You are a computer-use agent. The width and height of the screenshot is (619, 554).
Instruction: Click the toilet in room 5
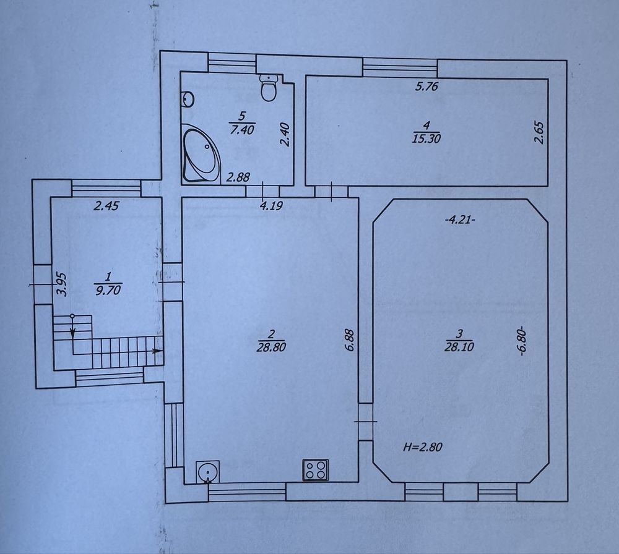[x=269, y=88]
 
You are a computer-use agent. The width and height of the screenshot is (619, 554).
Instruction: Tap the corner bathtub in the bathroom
[x=201, y=154]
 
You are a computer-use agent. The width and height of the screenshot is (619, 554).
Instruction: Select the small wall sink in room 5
[x=188, y=98]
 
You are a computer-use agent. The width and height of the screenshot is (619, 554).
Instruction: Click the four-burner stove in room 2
[x=316, y=470]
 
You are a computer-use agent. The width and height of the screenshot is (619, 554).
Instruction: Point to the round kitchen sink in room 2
[x=207, y=472]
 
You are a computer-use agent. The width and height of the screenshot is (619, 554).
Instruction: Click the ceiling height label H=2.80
[x=422, y=447]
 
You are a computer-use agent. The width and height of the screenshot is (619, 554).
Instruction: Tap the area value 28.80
[x=271, y=347]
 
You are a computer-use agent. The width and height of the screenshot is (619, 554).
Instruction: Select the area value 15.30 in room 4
[x=426, y=138]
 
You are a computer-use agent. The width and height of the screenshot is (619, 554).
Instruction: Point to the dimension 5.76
[x=426, y=86]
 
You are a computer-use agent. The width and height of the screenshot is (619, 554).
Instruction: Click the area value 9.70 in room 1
[x=108, y=290]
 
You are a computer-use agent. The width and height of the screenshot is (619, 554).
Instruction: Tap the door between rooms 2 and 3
[x=366, y=422]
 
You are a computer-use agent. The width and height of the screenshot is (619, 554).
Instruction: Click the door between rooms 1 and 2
[x=172, y=282]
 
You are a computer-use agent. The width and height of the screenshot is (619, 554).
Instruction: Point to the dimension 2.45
[x=106, y=205]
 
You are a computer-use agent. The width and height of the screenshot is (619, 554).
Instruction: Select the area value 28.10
[x=459, y=347]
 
